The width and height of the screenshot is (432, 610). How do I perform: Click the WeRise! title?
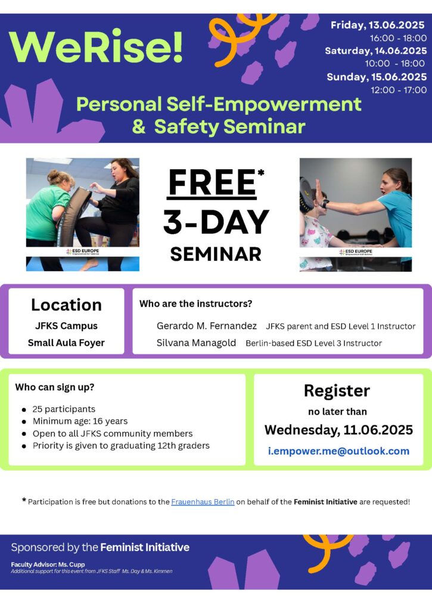(x=96, y=46)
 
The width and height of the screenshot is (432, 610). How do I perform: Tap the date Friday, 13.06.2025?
(x=378, y=25)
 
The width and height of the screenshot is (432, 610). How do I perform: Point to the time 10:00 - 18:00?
(x=394, y=63)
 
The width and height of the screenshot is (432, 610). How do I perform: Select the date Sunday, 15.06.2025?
(x=377, y=77)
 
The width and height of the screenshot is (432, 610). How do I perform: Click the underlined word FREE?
(x=212, y=182)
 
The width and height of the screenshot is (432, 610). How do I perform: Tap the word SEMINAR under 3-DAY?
(x=216, y=254)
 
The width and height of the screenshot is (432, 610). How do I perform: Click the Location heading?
(x=66, y=304)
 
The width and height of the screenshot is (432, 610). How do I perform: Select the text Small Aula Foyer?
(x=66, y=343)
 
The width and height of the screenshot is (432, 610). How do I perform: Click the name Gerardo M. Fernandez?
(x=207, y=326)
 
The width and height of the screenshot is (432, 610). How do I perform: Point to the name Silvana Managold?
(x=196, y=343)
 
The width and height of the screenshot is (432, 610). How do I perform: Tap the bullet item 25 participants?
(x=64, y=409)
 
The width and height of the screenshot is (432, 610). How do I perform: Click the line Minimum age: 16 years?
(x=80, y=421)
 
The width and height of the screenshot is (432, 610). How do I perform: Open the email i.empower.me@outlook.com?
(x=338, y=451)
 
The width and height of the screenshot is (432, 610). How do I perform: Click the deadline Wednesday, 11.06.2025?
(x=338, y=430)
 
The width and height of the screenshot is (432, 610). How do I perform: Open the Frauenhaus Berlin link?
(x=203, y=502)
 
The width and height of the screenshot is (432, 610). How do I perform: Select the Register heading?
(x=337, y=391)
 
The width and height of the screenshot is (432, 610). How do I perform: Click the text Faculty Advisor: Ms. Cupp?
(x=48, y=564)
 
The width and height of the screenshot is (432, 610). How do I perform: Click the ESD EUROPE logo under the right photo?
(x=356, y=252)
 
